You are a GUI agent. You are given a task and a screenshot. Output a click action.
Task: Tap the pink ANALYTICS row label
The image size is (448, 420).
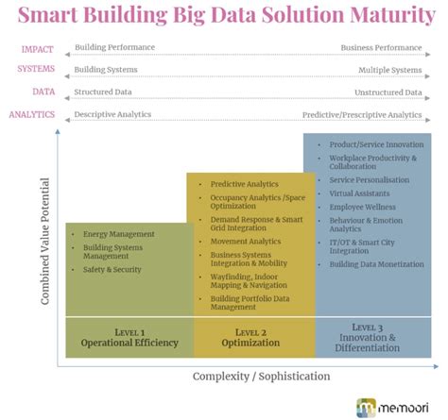point(31,114)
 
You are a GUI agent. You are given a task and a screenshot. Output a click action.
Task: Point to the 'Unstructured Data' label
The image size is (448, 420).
point(386,92)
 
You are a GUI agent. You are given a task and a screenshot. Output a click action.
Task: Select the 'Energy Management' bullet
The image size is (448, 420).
point(117,233)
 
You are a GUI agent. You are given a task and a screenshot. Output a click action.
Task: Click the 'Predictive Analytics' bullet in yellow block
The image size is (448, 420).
point(244,184)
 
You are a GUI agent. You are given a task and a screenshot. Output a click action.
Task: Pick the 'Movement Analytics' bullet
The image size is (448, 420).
point(246,241)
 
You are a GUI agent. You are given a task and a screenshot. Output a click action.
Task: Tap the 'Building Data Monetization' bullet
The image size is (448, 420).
point(371,263)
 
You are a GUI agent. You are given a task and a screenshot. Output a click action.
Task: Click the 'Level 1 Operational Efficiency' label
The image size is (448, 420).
point(129,337)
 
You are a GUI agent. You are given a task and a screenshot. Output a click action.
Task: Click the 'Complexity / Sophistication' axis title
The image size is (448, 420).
point(262,376)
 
